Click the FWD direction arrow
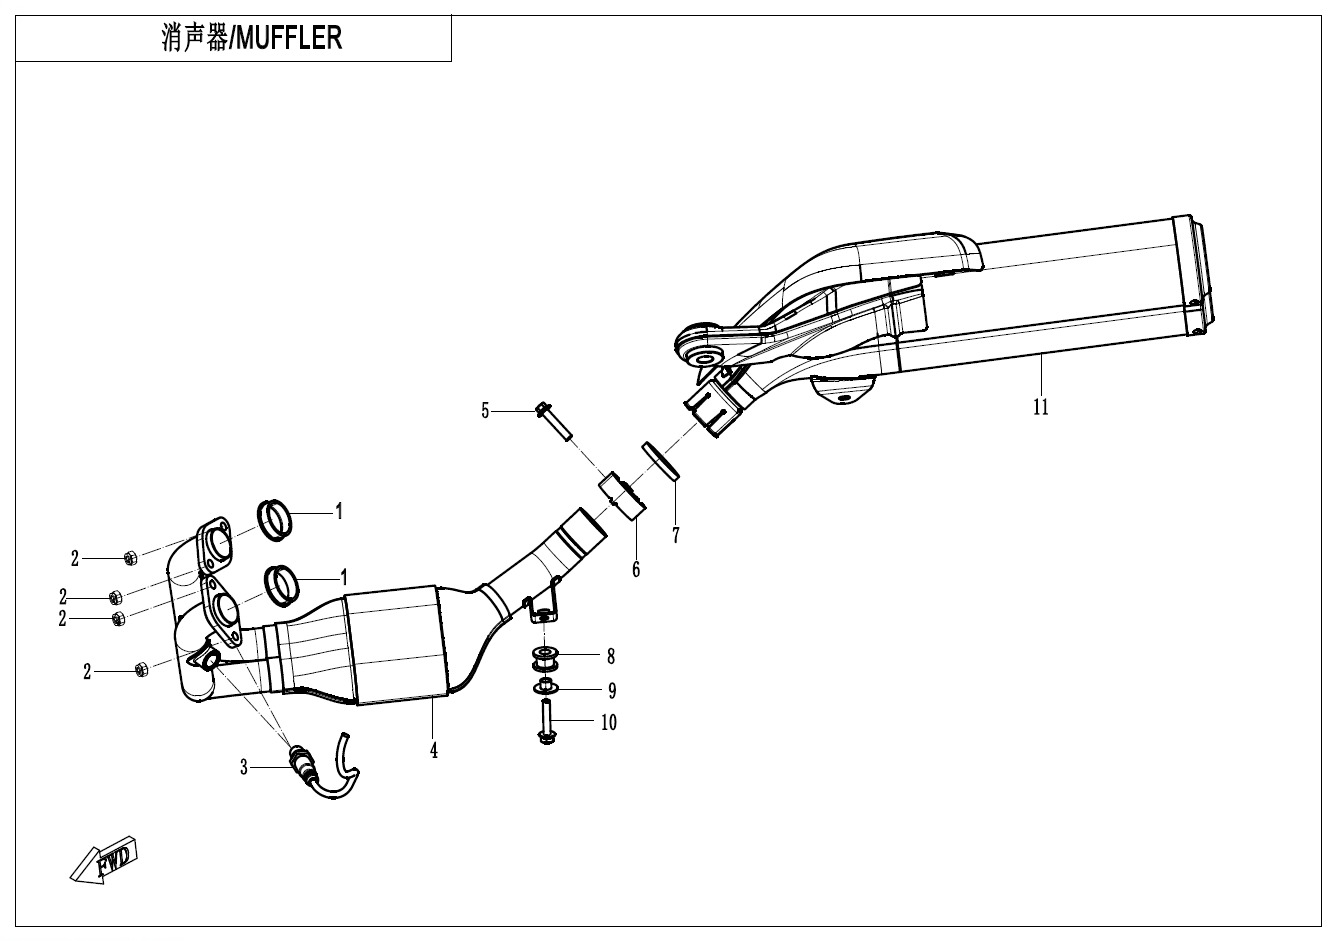[x=104, y=859]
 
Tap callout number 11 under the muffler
[x=1041, y=407]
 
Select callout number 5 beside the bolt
[x=486, y=410]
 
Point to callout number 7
[x=676, y=536]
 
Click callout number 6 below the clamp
[x=636, y=570]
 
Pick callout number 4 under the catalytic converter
[x=434, y=749]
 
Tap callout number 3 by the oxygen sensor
[x=243, y=767]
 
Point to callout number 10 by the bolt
[x=608, y=721]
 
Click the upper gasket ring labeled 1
[x=276, y=519]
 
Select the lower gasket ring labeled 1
[x=282, y=585]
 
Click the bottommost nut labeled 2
[x=141, y=668]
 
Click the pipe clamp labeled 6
[x=621, y=496]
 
